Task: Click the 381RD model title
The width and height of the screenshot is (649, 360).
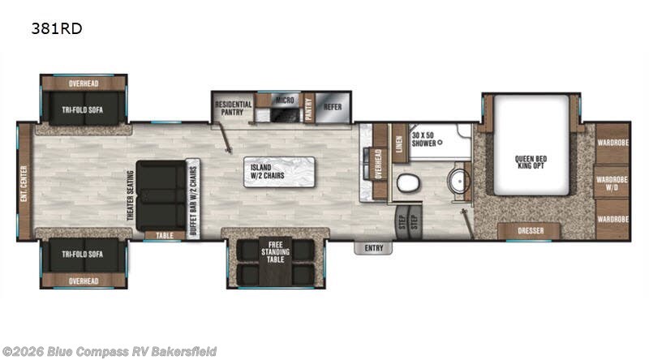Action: click(57, 28)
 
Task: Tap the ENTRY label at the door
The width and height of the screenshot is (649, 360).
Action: click(374, 248)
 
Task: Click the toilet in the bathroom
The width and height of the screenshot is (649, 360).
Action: click(406, 183)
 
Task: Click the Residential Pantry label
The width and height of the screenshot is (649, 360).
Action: click(233, 109)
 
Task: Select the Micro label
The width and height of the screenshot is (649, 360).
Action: click(283, 101)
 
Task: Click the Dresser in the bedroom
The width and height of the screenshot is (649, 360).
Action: click(528, 231)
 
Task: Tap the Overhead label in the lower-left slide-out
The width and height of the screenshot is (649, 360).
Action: click(84, 281)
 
